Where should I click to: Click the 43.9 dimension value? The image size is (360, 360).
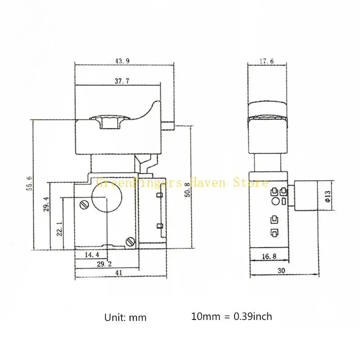[122, 61]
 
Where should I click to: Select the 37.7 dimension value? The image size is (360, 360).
[122, 81]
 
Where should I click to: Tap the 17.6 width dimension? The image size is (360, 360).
[267, 61]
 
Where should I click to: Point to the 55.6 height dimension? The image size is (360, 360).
[30, 184]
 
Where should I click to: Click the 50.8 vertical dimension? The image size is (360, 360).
[188, 190]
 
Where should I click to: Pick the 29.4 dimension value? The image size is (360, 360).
[46, 204]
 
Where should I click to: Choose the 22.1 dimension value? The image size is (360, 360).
[59, 229]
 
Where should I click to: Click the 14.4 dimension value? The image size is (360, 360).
[92, 255]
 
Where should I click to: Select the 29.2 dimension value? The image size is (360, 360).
[104, 264]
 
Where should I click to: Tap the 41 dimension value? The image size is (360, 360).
[118, 273]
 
